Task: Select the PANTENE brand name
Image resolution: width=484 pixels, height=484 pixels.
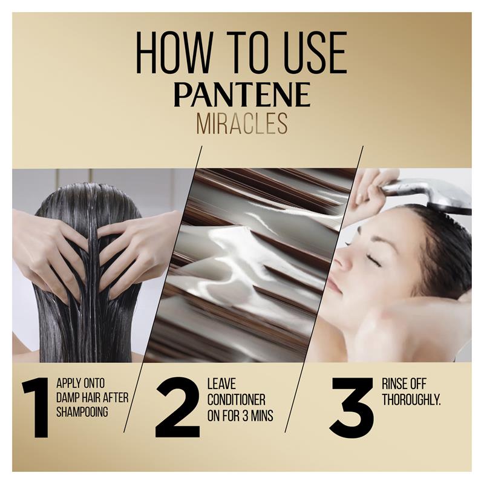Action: point(242,94)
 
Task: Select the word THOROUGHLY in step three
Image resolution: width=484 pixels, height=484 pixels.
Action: point(412,399)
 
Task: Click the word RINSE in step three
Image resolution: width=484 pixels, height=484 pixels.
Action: point(395,384)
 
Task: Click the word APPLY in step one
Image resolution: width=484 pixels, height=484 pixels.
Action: point(69,383)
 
